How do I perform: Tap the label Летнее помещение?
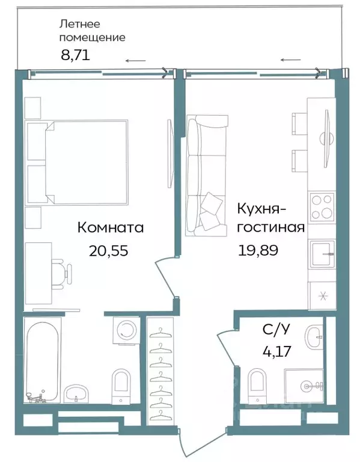click(92, 31)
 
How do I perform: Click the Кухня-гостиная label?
click(271, 218)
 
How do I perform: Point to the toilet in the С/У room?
click(257, 384)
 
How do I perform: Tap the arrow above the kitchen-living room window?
click(291, 60)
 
